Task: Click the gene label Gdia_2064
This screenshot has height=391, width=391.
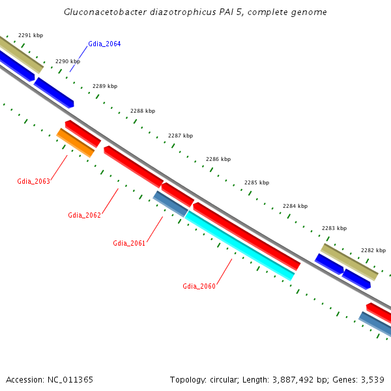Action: coord(104,44)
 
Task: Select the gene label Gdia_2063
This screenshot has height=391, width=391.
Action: coord(33,181)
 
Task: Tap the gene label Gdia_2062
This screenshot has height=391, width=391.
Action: coord(85,215)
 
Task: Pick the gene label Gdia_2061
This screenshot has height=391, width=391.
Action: coord(129,243)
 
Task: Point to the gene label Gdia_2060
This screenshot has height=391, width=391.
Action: coord(199,286)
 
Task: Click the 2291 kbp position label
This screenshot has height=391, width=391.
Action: coord(31,35)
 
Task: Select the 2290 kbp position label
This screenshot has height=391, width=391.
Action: coord(68,61)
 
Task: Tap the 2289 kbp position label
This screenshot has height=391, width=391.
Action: coord(105,86)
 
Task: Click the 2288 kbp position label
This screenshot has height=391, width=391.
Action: coord(143,111)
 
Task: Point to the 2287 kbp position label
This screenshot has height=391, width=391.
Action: coord(181,136)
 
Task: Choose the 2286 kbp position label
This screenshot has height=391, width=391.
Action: coord(218,159)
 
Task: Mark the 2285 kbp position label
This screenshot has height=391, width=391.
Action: coord(257,182)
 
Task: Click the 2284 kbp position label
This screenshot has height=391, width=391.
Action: coord(295,206)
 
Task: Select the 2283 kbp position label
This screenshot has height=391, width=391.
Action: coord(334,228)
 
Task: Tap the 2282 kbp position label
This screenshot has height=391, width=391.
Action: coord(373,250)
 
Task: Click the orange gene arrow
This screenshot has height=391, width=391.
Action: coord(76,143)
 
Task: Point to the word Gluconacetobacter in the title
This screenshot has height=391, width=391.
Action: coord(104,12)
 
